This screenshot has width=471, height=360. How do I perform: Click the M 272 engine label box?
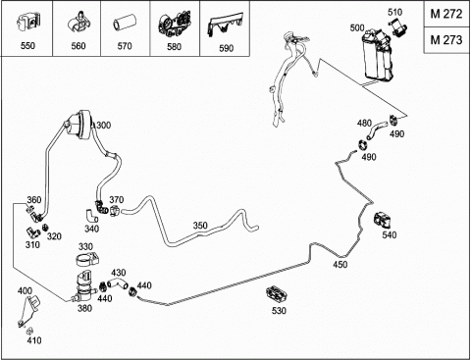pos(446,14)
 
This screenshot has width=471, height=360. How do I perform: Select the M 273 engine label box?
pos(446,40)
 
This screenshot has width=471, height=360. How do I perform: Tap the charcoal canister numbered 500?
pos(377,55)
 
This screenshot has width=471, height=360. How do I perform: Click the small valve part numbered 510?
pos(397,26)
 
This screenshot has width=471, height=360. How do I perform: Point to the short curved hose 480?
pos(377,129)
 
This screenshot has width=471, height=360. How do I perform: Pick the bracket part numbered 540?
pos(383,220)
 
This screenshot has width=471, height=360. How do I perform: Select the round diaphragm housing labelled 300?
pos(78,125)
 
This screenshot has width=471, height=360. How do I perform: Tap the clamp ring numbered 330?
pos(87,259)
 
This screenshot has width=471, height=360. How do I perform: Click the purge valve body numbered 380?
pos(83,288)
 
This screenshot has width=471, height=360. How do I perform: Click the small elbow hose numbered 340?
pos(91,216)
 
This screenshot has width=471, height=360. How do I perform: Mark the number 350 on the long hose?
pos(200,226)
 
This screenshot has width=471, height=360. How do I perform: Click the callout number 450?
pos(340,265)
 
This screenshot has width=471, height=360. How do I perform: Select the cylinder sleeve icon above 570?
pos(124,26)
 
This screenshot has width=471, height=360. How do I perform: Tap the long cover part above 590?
pos(225,24)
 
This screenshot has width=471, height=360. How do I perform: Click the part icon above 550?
pos(27,24)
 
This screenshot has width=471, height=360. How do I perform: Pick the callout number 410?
pos(34,340)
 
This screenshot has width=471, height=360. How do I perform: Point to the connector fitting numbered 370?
pos(116,210)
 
